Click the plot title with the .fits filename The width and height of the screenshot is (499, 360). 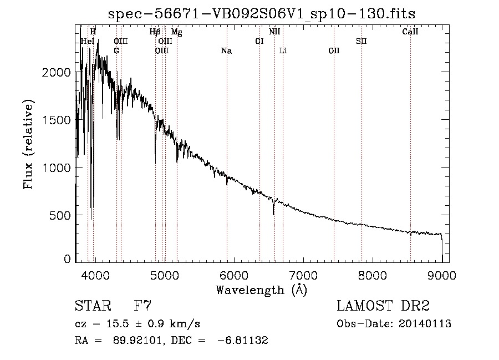point(262,14)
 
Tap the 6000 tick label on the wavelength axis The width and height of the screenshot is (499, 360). point(234,275)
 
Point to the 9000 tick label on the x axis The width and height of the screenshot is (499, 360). point(442,275)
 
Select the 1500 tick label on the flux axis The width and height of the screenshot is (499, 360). point(57,120)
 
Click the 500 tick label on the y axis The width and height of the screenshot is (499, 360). point(60,215)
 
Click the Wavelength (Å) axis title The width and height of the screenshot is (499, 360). point(262,290)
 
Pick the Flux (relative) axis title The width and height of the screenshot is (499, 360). point(28,145)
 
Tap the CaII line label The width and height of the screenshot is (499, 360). point(410,32)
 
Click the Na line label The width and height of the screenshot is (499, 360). point(226,50)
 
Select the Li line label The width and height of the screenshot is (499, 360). point(283,50)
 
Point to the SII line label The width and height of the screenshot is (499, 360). point(361,41)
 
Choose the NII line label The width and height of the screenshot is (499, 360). point(274,32)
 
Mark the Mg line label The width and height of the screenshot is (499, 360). point(177,32)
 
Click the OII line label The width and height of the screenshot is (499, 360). point(334,50)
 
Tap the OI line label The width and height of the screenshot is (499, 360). point(259,41)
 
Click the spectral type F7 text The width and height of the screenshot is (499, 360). point(142,306)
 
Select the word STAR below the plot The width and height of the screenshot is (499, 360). point(93,306)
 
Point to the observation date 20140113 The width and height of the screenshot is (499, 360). point(425,324)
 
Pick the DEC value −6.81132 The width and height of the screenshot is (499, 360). point(242,340)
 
